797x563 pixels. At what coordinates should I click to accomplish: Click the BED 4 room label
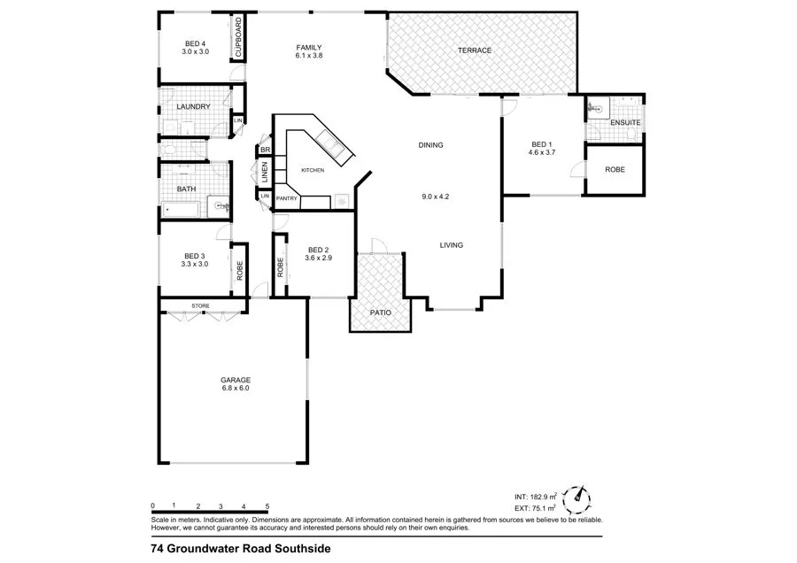[195, 44]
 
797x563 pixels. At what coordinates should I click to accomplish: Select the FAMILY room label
[308, 48]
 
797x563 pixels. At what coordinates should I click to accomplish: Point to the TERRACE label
[474, 50]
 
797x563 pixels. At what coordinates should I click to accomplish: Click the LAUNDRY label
[193, 107]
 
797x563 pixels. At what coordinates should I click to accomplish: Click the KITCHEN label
[313, 170]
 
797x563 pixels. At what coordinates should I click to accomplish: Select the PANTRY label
[286, 198]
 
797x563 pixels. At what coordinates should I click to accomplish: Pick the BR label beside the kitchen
[264, 150]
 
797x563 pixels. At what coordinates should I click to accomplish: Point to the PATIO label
[381, 312]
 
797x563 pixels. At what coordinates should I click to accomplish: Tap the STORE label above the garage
[201, 307]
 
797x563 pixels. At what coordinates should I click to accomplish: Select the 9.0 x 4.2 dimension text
[437, 197]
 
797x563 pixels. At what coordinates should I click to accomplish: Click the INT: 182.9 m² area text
[535, 497]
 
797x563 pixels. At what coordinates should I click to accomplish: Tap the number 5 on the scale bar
[267, 504]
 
